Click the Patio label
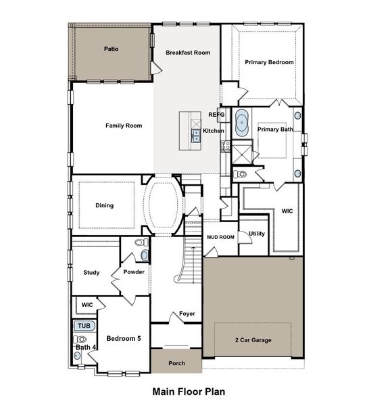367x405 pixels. (112, 49)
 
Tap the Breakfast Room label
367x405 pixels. (188, 53)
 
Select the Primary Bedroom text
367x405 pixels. (269, 62)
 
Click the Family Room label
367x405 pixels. (124, 126)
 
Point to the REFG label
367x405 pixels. (225, 115)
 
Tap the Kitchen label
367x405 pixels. (214, 131)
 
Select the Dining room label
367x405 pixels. (104, 206)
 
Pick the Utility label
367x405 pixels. (257, 234)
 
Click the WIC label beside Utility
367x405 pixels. (288, 211)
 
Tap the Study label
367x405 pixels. (92, 273)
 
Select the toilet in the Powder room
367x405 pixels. (141, 243)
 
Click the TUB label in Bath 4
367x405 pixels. (83, 326)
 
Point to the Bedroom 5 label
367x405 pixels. (124, 338)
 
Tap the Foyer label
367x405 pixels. (187, 314)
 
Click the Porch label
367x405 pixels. (176, 362)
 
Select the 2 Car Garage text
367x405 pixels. (253, 340)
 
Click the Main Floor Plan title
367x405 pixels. (189, 391)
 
